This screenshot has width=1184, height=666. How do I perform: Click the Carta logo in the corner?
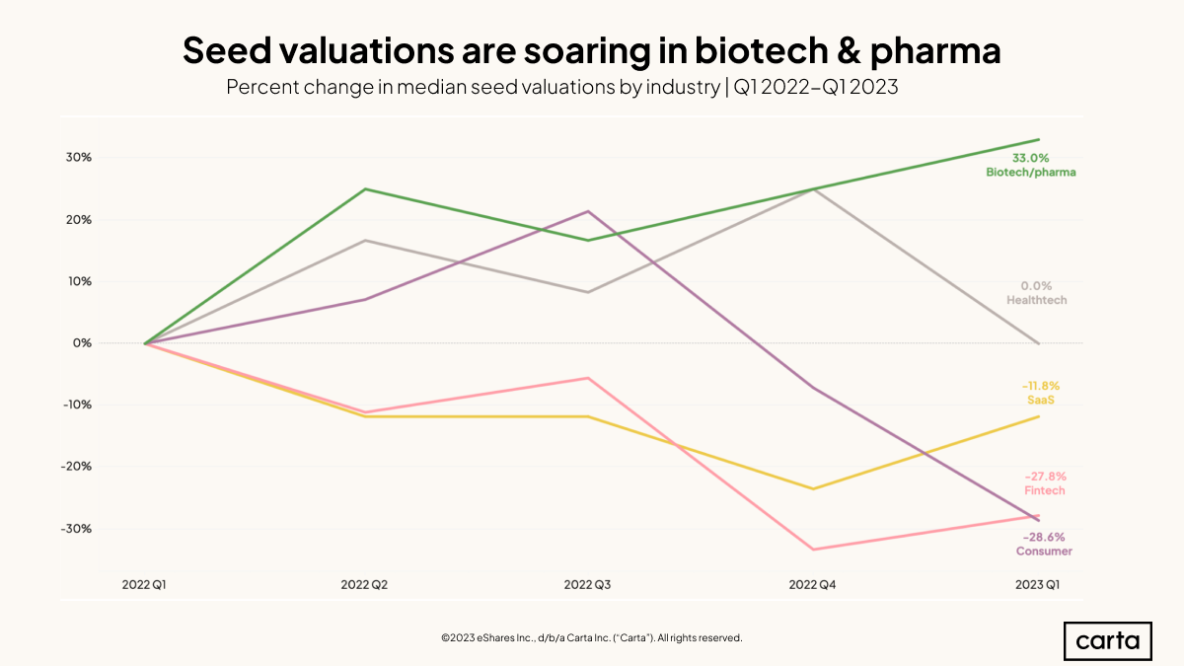[x=1108, y=641]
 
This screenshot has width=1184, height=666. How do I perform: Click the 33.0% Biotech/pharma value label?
[x=1030, y=158]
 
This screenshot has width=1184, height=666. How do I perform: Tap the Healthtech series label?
[x=1036, y=300]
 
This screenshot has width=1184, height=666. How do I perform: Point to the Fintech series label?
[x=1044, y=490]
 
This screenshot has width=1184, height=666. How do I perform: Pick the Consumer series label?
[x=1044, y=552]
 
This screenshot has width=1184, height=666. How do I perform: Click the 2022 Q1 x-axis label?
[x=145, y=585]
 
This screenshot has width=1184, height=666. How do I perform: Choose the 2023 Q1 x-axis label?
[x=1038, y=585]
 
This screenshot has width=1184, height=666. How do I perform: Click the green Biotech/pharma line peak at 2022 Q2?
[x=366, y=188]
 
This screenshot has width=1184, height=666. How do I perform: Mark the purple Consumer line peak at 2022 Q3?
[x=589, y=211]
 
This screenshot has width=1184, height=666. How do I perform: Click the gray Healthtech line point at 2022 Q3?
[x=589, y=292]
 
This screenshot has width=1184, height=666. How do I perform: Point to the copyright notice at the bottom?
[x=591, y=638]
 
